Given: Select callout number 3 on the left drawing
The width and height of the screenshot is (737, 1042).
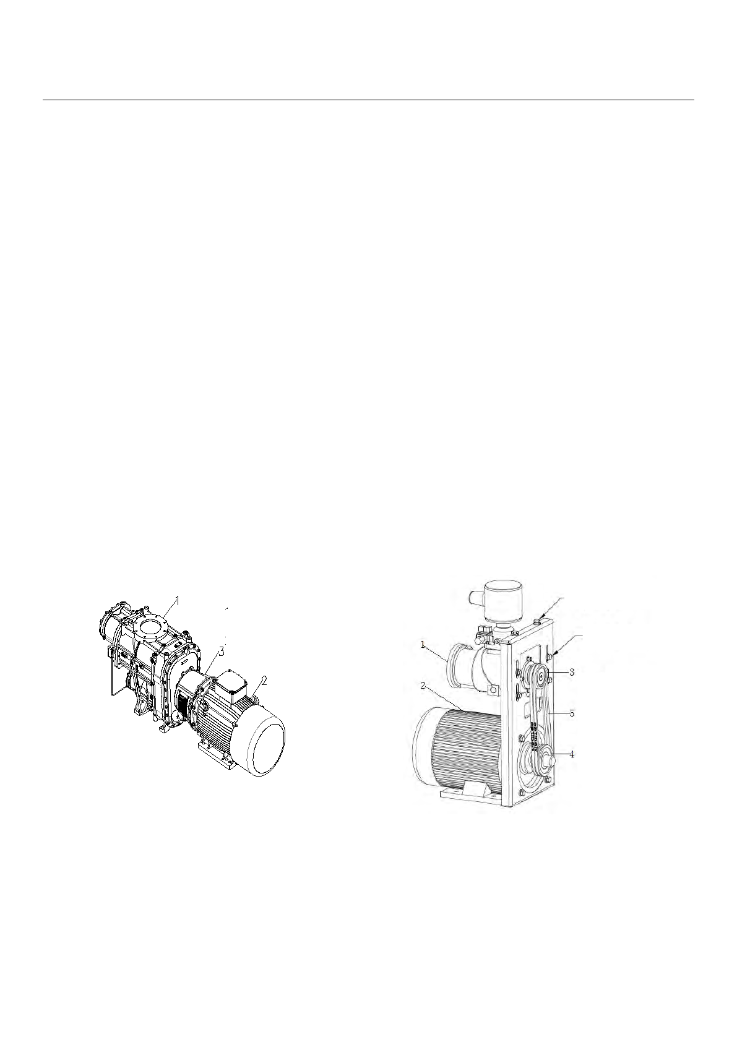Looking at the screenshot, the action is tap(222, 652).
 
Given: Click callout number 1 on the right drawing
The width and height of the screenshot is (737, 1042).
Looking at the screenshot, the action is tap(423, 644).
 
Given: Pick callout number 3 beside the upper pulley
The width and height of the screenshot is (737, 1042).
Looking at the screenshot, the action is tap(572, 672).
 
